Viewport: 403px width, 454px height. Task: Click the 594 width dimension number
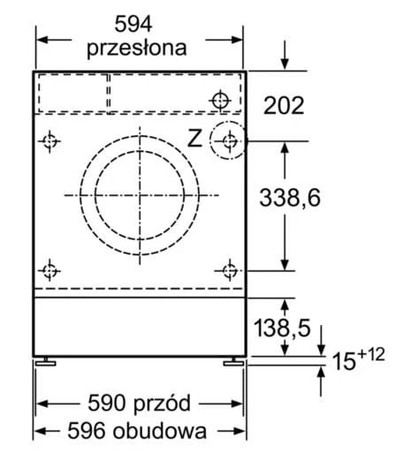[133, 24]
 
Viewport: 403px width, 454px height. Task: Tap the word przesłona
[137, 48]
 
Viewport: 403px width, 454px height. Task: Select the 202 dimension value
[284, 105]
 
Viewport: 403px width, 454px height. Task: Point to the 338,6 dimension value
[290, 198]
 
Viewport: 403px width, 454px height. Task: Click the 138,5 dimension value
[282, 328]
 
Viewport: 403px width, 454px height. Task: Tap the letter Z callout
[194, 139]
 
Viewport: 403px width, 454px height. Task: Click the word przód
[163, 403]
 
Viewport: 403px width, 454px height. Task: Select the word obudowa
[160, 431]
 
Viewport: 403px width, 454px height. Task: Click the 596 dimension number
[87, 431]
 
